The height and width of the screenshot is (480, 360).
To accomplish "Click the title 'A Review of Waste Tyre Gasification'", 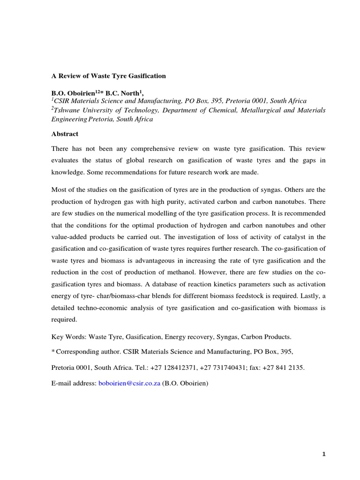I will [x=108, y=75].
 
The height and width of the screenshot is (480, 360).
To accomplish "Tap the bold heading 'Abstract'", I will [x=65, y=134].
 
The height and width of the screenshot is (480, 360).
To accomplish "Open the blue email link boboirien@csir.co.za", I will [x=129, y=383].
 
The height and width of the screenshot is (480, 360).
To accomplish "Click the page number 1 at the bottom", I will [x=323, y=454].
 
